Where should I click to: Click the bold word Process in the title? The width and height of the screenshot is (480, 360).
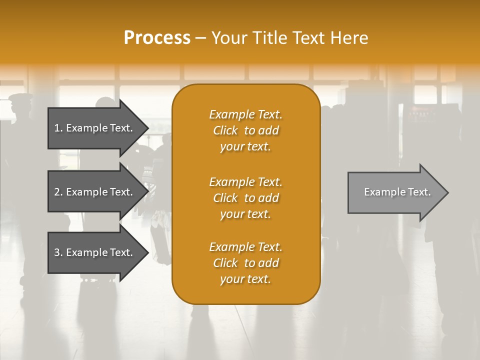click(157, 38)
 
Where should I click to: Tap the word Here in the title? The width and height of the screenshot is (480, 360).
click(349, 38)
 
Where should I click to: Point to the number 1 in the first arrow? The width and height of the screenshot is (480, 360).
click(57, 128)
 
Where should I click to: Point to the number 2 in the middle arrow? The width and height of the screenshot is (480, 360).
click(57, 192)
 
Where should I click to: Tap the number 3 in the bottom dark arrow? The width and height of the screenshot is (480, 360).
click(57, 252)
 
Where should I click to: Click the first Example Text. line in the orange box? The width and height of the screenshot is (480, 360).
click(245, 114)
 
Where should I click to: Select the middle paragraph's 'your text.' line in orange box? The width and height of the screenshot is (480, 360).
click(245, 214)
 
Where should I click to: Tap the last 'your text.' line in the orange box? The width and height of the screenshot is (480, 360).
click(245, 279)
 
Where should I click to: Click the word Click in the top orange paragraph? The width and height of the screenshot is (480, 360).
click(225, 130)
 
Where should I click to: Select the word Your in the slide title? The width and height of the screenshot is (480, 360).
click(227, 38)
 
